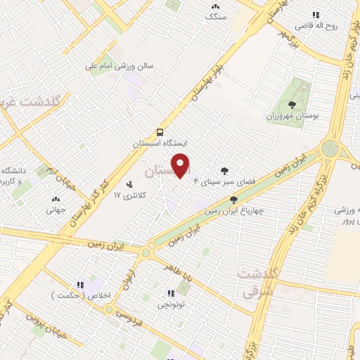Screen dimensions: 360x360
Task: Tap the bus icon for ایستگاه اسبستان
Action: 161,131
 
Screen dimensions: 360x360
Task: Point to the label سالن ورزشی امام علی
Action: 120,67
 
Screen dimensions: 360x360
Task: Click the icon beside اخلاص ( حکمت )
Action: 80,285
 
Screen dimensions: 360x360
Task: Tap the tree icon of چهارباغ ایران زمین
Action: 233,200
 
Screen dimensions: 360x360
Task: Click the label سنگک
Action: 215,17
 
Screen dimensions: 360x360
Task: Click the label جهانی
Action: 55,210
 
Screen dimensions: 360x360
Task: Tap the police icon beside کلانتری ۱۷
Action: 129,185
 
